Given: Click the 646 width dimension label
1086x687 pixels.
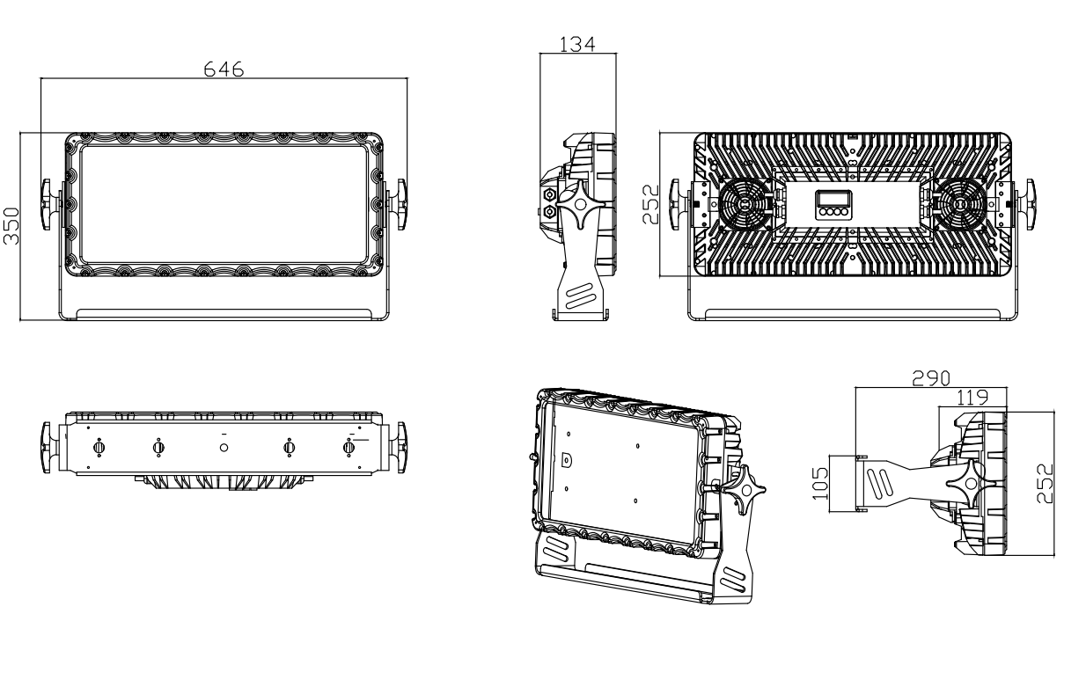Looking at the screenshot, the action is coord(224,69).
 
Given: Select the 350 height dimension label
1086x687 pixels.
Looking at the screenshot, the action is coord(11,226).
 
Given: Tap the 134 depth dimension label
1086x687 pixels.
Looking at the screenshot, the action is coord(577,45).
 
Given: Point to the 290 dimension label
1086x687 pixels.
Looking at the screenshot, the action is coord(931,378).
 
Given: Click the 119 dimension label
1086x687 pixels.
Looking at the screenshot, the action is coord(972,398).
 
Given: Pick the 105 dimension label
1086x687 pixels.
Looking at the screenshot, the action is coord(820,483).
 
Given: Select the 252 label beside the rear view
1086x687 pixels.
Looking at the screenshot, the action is coord(650,204).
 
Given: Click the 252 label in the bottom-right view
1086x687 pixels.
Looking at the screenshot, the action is coord(1046,484).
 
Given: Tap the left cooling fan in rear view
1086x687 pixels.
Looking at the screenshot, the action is coord(745,204).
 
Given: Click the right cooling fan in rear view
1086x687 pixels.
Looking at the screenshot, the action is coord(959,204).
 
